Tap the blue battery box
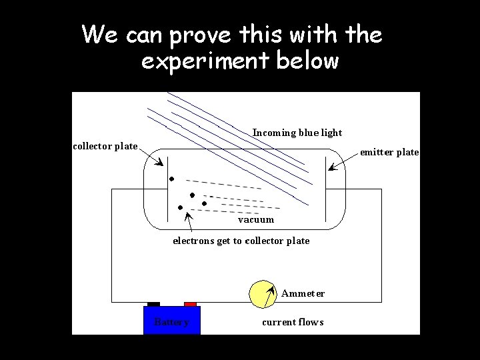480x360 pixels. (172, 320)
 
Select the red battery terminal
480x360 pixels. (190, 304)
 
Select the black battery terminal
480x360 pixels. (153, 304)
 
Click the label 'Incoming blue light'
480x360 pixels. (297, 133)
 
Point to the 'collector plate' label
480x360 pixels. (105, 146)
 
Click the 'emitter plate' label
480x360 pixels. (389, 153)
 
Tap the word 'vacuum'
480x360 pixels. (256, 219)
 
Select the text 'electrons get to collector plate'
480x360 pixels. (241, 241)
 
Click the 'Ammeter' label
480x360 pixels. (303, 293)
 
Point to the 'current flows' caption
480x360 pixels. (293, 322)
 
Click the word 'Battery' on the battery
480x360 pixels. (171, 323)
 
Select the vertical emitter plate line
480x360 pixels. (325, 190)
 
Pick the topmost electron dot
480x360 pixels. (171, 179)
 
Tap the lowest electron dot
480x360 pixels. (180, 207)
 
